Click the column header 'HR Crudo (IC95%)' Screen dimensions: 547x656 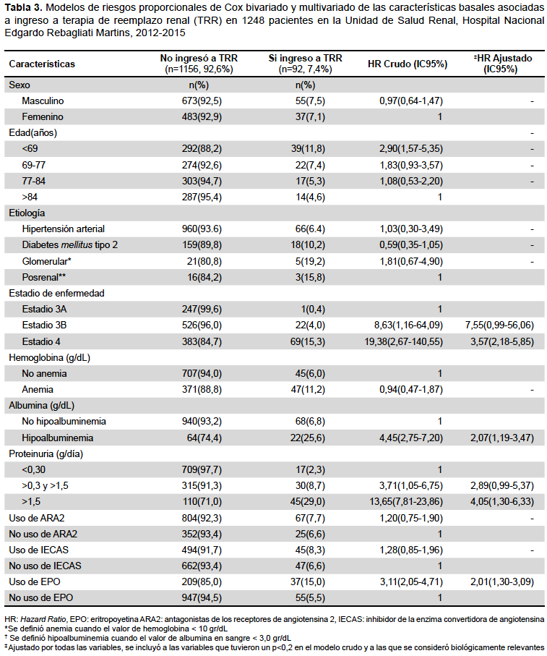coord(408,64)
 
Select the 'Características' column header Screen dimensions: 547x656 coord(42,64)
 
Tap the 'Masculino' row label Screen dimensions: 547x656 coord(43,101)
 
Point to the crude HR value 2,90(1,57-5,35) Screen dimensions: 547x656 coord(410,148)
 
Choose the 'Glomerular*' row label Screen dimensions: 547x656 coord(46,262)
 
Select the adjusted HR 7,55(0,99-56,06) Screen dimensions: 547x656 coord(499,325)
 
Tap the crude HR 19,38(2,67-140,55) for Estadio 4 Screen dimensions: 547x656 coord(403,342)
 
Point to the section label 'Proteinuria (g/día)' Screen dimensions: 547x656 coord(46,454)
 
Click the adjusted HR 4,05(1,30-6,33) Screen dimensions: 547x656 coord(502,502)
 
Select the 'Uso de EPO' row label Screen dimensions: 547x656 coord(35,582)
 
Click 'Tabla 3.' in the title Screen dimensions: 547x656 coord(23,7)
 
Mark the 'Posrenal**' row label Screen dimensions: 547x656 coord(43,278)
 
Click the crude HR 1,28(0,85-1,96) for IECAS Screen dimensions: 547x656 coord(410,550)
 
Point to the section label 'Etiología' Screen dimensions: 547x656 coord(27,213)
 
